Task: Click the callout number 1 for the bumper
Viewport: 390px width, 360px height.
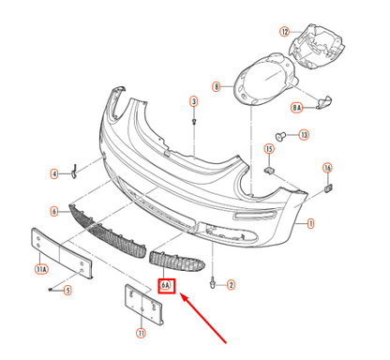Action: tap(310, 224)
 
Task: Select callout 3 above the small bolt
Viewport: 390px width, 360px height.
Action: tap(193, 100)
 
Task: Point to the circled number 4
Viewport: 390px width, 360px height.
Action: tap(53, 173)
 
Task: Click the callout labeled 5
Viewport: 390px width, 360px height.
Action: tap(67, 290)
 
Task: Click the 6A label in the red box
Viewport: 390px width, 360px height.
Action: tap(166, 285)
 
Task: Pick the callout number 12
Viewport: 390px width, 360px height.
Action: tap(284, 31)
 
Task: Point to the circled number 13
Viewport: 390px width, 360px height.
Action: tap(303, 136)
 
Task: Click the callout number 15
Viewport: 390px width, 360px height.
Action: tap(268, 149)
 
